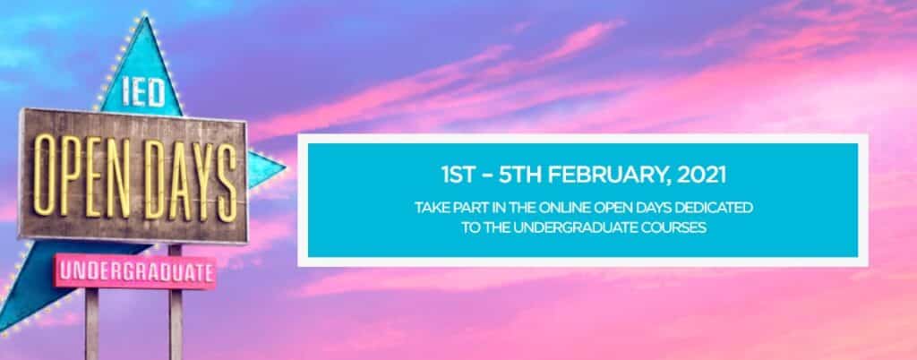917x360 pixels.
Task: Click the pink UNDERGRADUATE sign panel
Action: [136, 271]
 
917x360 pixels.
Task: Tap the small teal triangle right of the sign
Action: [264, 169]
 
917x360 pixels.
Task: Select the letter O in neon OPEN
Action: [43, 175]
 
